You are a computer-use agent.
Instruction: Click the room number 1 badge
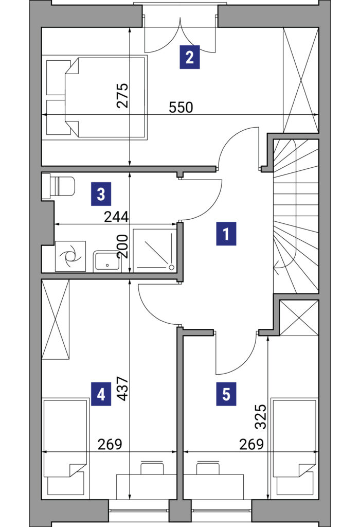pos(226,234)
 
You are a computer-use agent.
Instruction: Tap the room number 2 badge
pos(190,57)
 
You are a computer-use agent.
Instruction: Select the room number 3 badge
pos(101,194)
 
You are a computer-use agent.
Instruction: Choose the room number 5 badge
pos(226,394)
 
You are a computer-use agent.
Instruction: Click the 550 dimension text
pos(181,108)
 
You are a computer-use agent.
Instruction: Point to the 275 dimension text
pos(122,95)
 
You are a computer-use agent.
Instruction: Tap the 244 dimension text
pos(116,217)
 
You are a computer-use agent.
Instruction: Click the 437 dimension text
pos(122,389)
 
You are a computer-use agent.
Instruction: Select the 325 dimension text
pos(261,417)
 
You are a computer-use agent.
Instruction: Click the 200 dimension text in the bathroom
pos(122,247)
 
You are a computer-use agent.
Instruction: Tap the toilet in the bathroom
pos(59,186)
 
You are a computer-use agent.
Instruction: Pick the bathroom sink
pos(107,260)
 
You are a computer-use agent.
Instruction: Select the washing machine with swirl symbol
pos(70,256)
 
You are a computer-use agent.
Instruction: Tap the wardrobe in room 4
pos(56,319)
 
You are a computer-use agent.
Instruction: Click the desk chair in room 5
pos(208,468)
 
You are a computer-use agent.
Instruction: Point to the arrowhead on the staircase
pos(276,268)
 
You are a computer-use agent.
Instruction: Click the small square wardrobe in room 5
pos(299,318)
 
